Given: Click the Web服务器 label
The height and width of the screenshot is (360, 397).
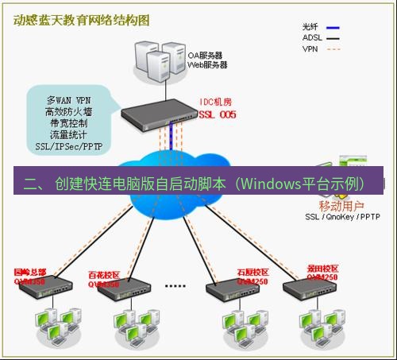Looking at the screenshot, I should [206, 65].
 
